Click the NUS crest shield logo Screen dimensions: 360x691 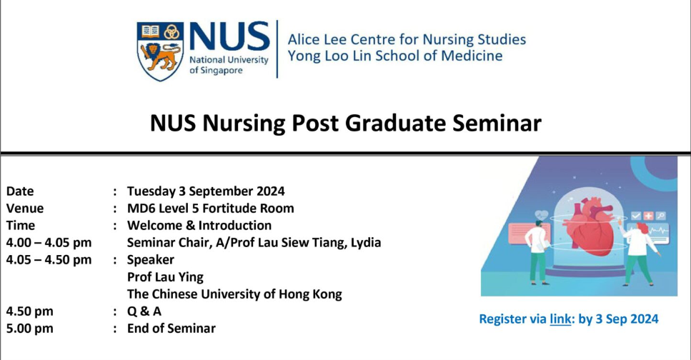tap(160, 50)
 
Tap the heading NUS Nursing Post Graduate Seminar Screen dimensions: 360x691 tap(346, 123)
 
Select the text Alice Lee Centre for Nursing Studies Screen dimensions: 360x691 tap(406, 39)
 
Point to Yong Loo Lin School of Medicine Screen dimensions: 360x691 tap(394, 56)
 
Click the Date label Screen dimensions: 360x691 tap(20, 191)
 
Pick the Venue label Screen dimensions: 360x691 tap(25, 208)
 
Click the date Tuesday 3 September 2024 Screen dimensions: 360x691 tap(206, 191)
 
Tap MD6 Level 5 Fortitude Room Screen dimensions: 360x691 tap(210, 208)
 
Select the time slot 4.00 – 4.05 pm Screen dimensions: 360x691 tap(49, 242)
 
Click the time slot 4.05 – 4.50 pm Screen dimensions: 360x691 tap(49, 259)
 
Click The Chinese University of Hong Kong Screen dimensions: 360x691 tap(234, 294)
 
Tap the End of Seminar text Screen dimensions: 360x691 tap(171, 328)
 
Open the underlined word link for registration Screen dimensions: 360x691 tap(560, 319)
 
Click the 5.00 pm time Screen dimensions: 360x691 tap(29, 328)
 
